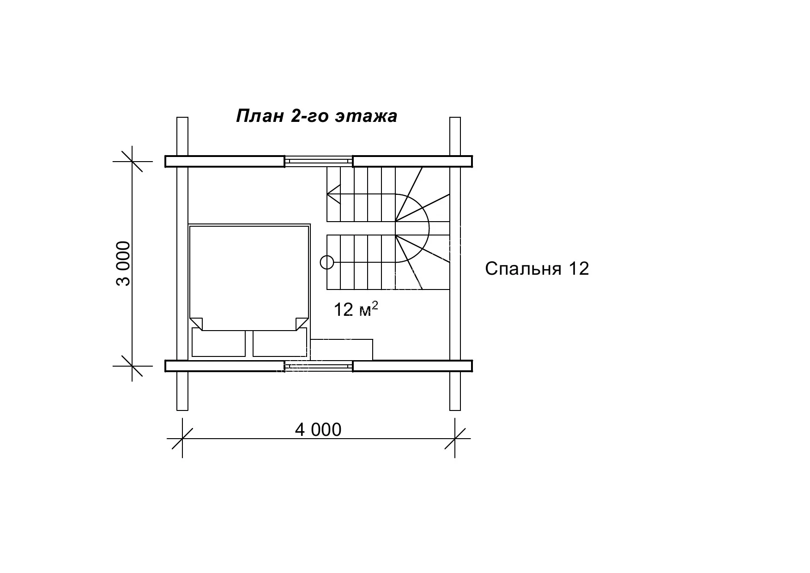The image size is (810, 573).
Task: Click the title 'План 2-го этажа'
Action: click(x=316, y=116)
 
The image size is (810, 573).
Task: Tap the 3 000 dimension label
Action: click(x=124, y=263)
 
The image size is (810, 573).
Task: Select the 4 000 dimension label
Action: click(x=318, y=430)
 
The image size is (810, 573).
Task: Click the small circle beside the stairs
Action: click(x=326, y=262)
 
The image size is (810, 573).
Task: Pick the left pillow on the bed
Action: click(x=218, y=343)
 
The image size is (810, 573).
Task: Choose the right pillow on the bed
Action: click(x=280, y=343)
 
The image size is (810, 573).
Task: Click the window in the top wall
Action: click(x=318, y=161)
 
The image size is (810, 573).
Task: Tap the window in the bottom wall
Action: click(x=318, y=366)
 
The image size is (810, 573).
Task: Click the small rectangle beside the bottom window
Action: click(x=341, y=350)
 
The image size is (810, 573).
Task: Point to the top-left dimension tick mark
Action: click(x=132, y=161)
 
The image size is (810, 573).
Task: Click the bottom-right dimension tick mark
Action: click(x=455, y=438)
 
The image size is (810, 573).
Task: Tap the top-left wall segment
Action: click(x=225, y=161)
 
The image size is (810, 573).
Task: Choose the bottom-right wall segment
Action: click(x=412, y=366)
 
